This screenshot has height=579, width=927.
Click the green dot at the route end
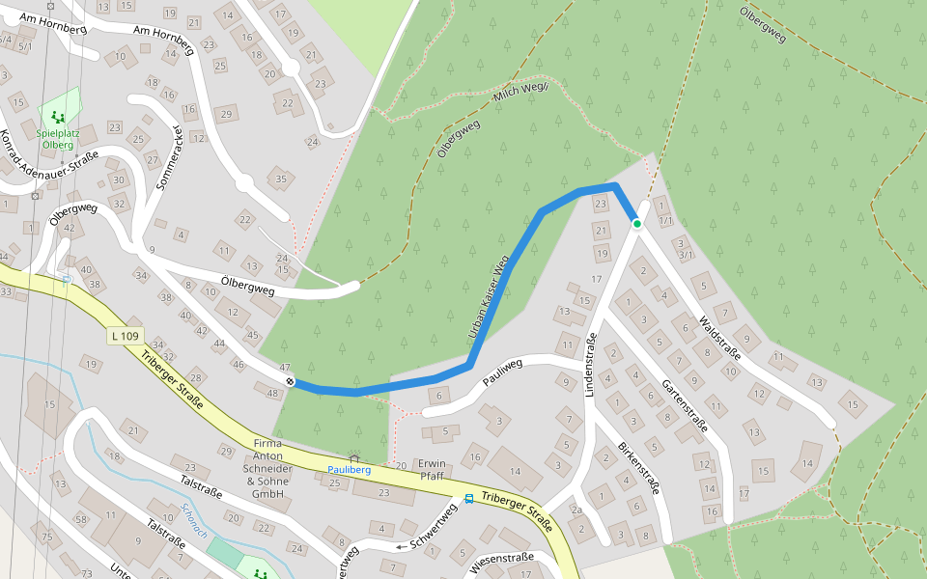(637, 224)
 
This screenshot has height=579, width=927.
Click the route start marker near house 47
(290, 382)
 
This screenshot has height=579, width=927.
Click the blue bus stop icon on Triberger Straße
(469, 499)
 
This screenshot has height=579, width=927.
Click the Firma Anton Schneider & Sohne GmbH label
(267, 468)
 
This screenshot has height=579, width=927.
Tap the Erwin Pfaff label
(432, 469)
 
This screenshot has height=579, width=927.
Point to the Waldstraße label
(719, 337)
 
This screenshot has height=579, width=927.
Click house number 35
(281, 179)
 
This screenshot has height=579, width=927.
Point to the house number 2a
(576, 510)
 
